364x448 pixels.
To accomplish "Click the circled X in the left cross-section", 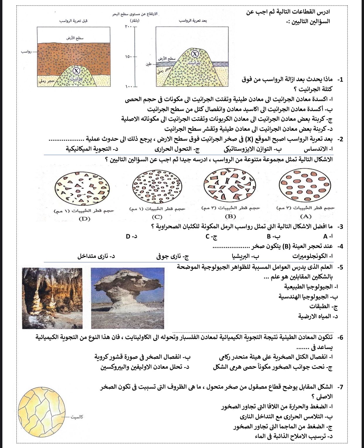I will (x=76, y=71).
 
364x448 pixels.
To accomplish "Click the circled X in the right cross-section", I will (x=195, y=54).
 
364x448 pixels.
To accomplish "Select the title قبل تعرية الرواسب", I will (x=74, y=21).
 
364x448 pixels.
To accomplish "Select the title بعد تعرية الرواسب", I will (x=193, y=21).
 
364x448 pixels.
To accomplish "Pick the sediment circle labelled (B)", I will (x=229, y=186).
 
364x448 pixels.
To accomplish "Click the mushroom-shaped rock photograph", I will (x=127, y=298).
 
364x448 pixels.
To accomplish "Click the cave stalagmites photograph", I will (x=52, y=298).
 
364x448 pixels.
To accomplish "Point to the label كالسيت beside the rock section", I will (x=77, y=417).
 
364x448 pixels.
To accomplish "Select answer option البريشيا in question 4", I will (x=245, y=256).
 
